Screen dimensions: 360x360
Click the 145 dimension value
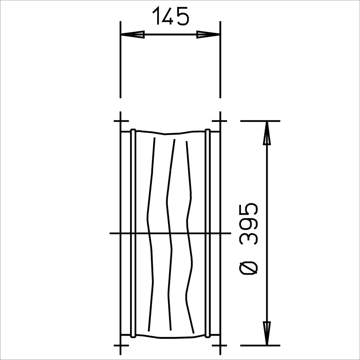(171, 16)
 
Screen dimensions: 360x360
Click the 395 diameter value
(249, 227)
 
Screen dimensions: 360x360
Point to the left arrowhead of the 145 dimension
(133, 34)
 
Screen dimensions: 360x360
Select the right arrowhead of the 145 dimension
(208, 34)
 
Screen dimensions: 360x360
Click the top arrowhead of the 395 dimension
(266, 133)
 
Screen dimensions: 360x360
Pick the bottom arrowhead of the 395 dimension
(266, 333)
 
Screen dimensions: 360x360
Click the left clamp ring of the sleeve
(133, 233)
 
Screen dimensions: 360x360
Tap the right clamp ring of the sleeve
(208, 233)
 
